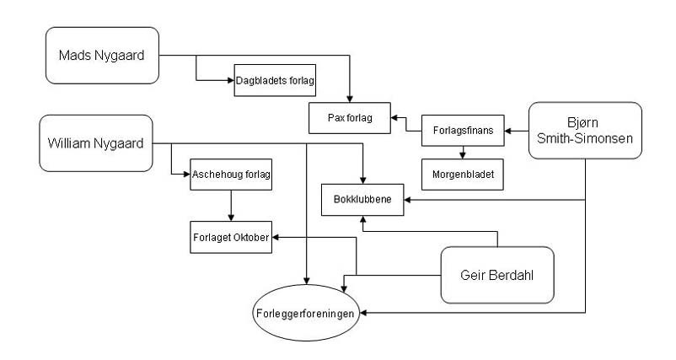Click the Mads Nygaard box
(102, 56)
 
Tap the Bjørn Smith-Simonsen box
(585, 132)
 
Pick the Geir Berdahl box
(496, 275)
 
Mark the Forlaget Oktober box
(229, 237)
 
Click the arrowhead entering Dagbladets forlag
(233, 81)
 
